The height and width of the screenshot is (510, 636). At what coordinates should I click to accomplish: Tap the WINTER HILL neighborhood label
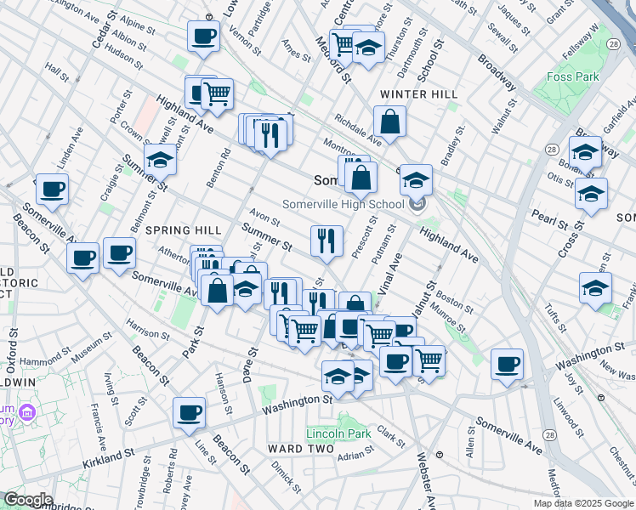[x=418, y=93]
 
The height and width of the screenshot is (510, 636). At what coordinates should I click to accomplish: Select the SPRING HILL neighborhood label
[x=183, y=230]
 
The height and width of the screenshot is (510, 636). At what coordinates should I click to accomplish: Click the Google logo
[x=27, y=500]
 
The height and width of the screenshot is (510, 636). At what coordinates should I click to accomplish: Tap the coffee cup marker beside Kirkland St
[x=190, y=413]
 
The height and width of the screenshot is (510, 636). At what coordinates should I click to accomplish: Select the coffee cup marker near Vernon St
[x=203, y=37]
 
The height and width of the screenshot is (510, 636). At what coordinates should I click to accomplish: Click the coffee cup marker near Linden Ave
[x=52, y=190]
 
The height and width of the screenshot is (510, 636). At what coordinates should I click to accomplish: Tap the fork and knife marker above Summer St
[x=327, y=241]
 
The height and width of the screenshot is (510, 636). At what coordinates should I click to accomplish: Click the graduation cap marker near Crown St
[x=160, y=159]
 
